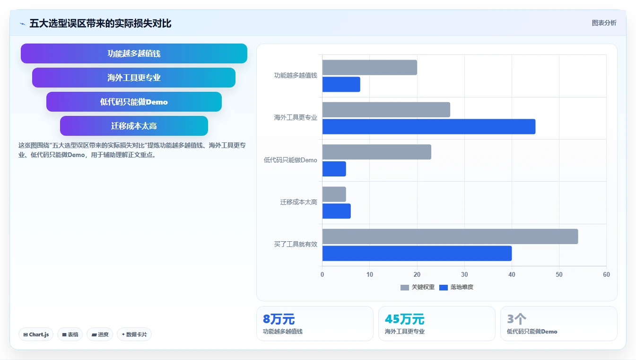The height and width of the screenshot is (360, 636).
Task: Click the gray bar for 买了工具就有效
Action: (450, 237)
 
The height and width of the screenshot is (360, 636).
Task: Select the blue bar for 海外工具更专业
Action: (429, 126)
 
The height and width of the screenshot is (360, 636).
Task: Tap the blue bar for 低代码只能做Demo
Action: (334, 169)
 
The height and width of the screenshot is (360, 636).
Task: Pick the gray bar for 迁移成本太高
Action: (334, 194)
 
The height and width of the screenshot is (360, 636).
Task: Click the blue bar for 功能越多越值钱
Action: (341, 84)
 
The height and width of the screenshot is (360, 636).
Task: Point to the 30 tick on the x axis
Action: (464, 274)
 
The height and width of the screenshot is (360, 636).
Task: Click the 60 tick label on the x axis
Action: (607, 274)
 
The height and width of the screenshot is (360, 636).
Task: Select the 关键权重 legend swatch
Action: (405, 288)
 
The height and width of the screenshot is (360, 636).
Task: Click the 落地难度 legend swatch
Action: (444, 288)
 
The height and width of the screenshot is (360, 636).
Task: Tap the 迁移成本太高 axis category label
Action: (299, 202)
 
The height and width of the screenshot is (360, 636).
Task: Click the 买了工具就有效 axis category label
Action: (296, 245)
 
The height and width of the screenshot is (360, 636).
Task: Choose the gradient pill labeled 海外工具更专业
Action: (134, 78)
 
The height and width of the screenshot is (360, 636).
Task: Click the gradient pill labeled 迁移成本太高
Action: (134, 126)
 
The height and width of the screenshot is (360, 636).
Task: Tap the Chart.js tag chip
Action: (36, 334)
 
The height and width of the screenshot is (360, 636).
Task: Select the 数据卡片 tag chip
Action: (134, 334)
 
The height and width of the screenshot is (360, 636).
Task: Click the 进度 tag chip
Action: (100, 334)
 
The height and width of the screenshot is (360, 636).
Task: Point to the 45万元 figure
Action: (405, 319)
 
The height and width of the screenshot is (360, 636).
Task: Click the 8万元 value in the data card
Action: (279, 319)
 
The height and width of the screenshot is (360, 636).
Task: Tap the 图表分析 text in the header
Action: (604, 23)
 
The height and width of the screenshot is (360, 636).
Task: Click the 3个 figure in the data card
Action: (517, 319)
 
